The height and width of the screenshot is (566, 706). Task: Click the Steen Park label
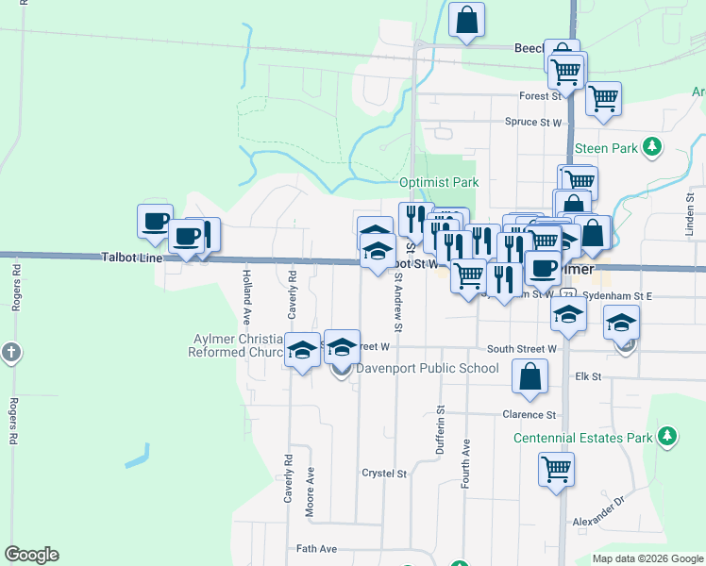tap(606, 148)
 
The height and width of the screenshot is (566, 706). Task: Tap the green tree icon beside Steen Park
tap(650, 147)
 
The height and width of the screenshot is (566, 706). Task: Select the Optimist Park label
tap(439, 182)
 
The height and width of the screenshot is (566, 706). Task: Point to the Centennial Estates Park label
tap(583, 438)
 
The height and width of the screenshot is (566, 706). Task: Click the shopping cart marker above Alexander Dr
tap(556, 468)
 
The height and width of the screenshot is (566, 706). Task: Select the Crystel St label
tap(384, 474)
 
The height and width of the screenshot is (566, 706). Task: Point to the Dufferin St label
tap(441, 431)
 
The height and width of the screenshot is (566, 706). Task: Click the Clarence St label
tap(529, 415)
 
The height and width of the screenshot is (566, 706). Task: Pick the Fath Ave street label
tap(316, 549)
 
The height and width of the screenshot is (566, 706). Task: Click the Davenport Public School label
tap(427, 368)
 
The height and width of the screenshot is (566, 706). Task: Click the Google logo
tap(31, 555)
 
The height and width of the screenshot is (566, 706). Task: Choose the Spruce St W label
tap(533, 123)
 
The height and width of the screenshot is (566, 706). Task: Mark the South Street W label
tap(522, 349)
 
